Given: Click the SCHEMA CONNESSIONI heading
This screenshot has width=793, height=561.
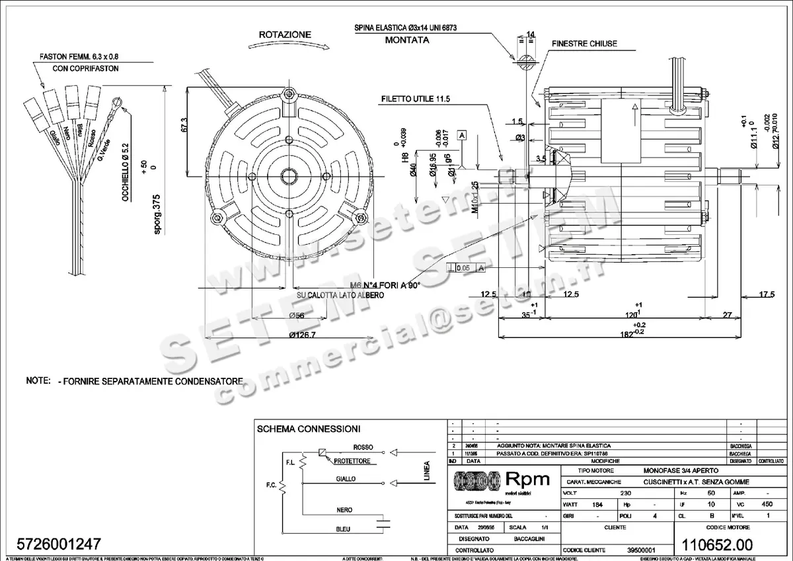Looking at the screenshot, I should (x=308, y=429).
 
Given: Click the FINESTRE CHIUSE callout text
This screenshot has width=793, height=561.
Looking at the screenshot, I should (x=584, y=44).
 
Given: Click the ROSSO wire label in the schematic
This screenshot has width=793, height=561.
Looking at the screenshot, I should (x=363, y=447).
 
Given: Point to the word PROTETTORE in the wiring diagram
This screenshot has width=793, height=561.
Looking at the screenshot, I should (x=352, y=461).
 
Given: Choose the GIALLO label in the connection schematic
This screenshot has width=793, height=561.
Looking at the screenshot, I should (x=345, y=478).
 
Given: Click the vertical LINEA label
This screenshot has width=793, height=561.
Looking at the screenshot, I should (x=426, y=472).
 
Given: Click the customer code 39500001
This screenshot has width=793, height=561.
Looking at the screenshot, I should (x=640, y=550).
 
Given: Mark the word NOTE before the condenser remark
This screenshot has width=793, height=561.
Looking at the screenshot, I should (x=38, y=381).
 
